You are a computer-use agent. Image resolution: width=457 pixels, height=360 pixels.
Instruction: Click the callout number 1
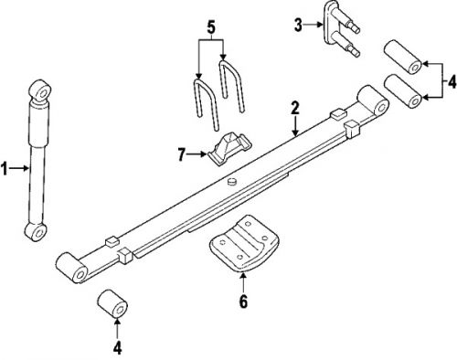[x=5, y=168]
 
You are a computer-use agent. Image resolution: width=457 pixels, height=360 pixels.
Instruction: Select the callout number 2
[x=294, y=109]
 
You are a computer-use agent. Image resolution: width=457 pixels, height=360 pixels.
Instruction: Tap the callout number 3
[x=298, y=25]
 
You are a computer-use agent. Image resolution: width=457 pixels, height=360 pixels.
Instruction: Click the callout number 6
[x=243, y=302]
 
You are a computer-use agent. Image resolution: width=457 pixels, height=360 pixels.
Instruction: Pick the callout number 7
[x=182, y=154]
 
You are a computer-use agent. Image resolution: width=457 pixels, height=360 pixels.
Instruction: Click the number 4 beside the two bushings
[x=452, y=81]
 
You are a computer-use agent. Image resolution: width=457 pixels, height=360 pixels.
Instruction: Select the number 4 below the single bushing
[x=117, y=348]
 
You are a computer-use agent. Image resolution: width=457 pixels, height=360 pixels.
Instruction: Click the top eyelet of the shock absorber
[x=40, y=90]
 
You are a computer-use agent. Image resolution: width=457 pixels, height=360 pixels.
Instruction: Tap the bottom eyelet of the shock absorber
[x=36, y=232]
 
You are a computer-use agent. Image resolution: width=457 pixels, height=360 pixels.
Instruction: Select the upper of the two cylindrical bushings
[x=402, y=57]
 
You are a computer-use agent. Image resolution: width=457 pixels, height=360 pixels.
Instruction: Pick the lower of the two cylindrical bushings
[x=402, y=90]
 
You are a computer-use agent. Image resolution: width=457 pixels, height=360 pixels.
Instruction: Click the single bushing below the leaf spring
[x=112, y=304]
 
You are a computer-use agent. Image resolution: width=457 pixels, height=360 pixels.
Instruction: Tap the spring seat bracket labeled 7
[x=230, y=148]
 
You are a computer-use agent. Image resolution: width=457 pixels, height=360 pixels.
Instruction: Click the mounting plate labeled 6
[x=244, y=243]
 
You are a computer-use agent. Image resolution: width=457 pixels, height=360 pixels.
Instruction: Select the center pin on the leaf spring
[x=232, y=181]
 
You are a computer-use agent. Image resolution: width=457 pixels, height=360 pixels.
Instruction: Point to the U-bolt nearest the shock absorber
[x=206, y=104]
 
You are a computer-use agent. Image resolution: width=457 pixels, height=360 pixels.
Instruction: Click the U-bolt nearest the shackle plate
[x=231, y=86]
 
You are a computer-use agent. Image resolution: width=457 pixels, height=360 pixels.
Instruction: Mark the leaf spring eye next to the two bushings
[x=373, y=101]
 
